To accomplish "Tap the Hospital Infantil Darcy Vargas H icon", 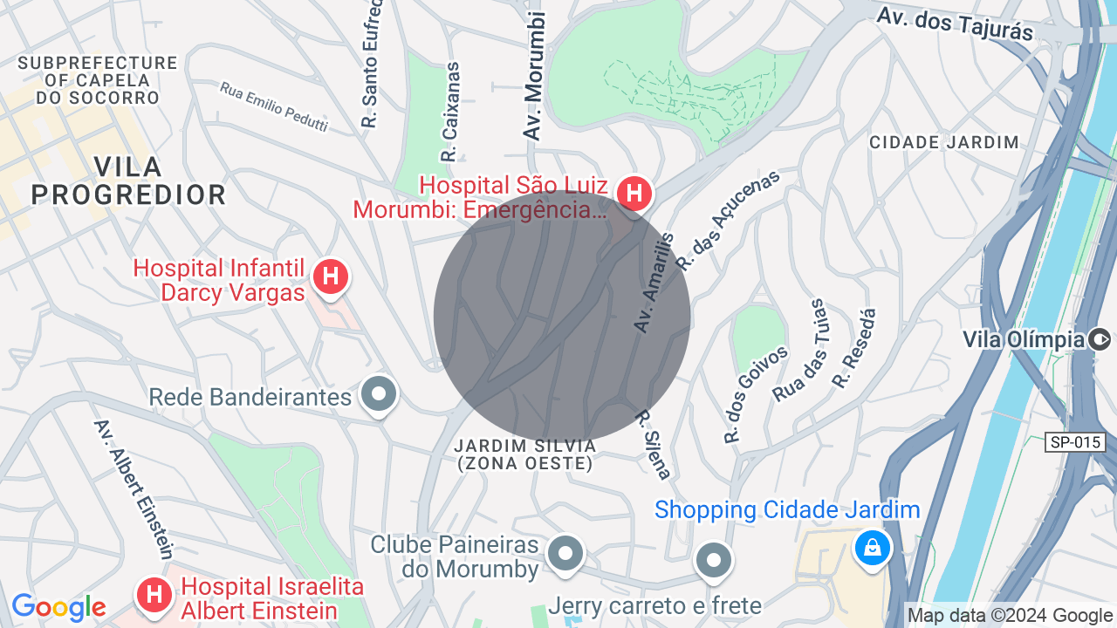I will point(330,277).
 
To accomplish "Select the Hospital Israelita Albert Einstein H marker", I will point(154,595).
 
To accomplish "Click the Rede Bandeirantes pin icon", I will point(379,394).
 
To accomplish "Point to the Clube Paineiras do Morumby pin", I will point(565,552).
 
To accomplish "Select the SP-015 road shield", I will point(1075,442).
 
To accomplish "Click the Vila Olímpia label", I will point(1024,338).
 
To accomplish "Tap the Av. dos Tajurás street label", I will point(954,24).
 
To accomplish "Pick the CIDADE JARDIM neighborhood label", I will point(944,142).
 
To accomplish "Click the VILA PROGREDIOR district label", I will point(128,181).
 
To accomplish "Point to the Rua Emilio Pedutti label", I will point(273,106).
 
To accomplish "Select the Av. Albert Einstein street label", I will point(134,488).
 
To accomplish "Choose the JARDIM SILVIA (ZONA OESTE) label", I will point(525,454).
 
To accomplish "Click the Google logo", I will point(58,607).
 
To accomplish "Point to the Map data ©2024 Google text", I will point(1010,616).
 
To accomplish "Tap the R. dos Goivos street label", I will point(756,394).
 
